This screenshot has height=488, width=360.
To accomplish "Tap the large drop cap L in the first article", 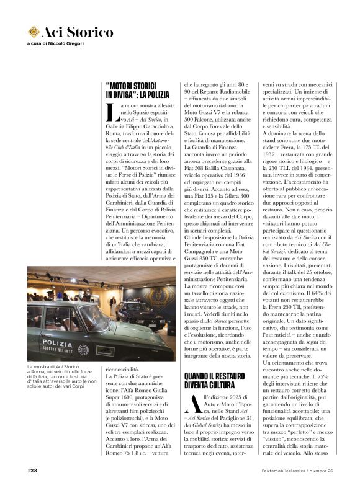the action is click(111, 112).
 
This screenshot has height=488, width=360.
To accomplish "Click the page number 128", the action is click(33, 471).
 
